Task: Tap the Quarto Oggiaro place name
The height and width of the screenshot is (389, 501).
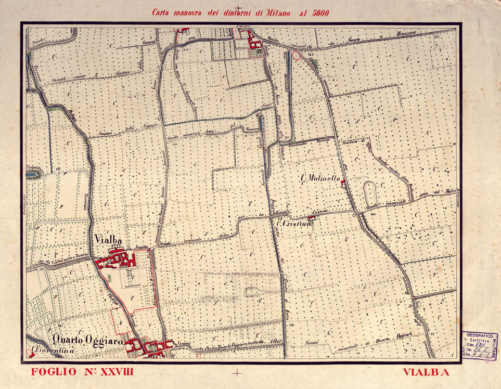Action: pos(87,340)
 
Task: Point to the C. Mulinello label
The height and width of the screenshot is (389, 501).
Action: pos(319,179)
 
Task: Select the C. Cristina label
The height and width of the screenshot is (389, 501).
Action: pos(294,224)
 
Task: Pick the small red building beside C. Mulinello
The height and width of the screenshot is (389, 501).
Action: pos(343,182)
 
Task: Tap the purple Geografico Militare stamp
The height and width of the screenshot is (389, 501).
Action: pos(479,346)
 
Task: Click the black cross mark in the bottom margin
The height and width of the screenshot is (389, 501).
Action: pos(239,372)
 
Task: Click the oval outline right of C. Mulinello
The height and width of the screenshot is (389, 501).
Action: pos(371,193)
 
